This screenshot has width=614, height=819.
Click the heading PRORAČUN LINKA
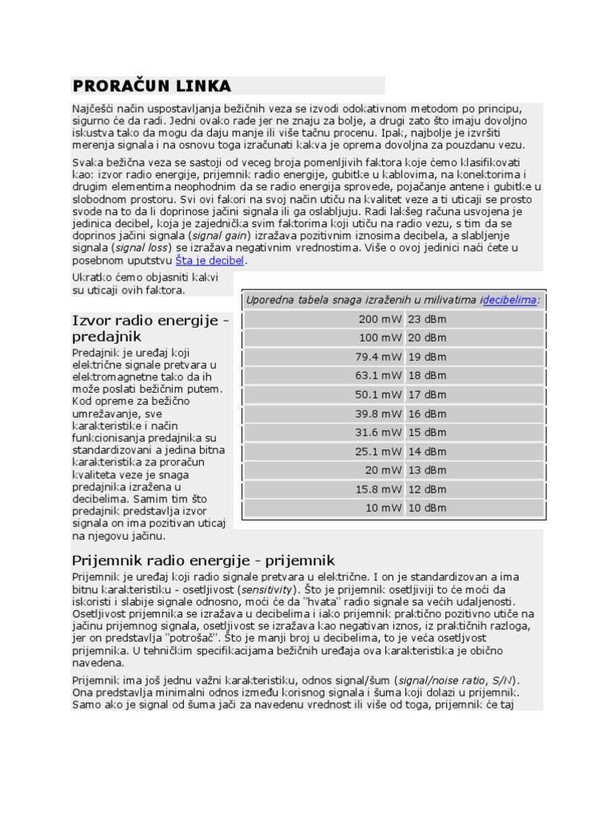[x=152, y=86]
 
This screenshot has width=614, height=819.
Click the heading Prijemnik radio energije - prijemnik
[x=203, y=560]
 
